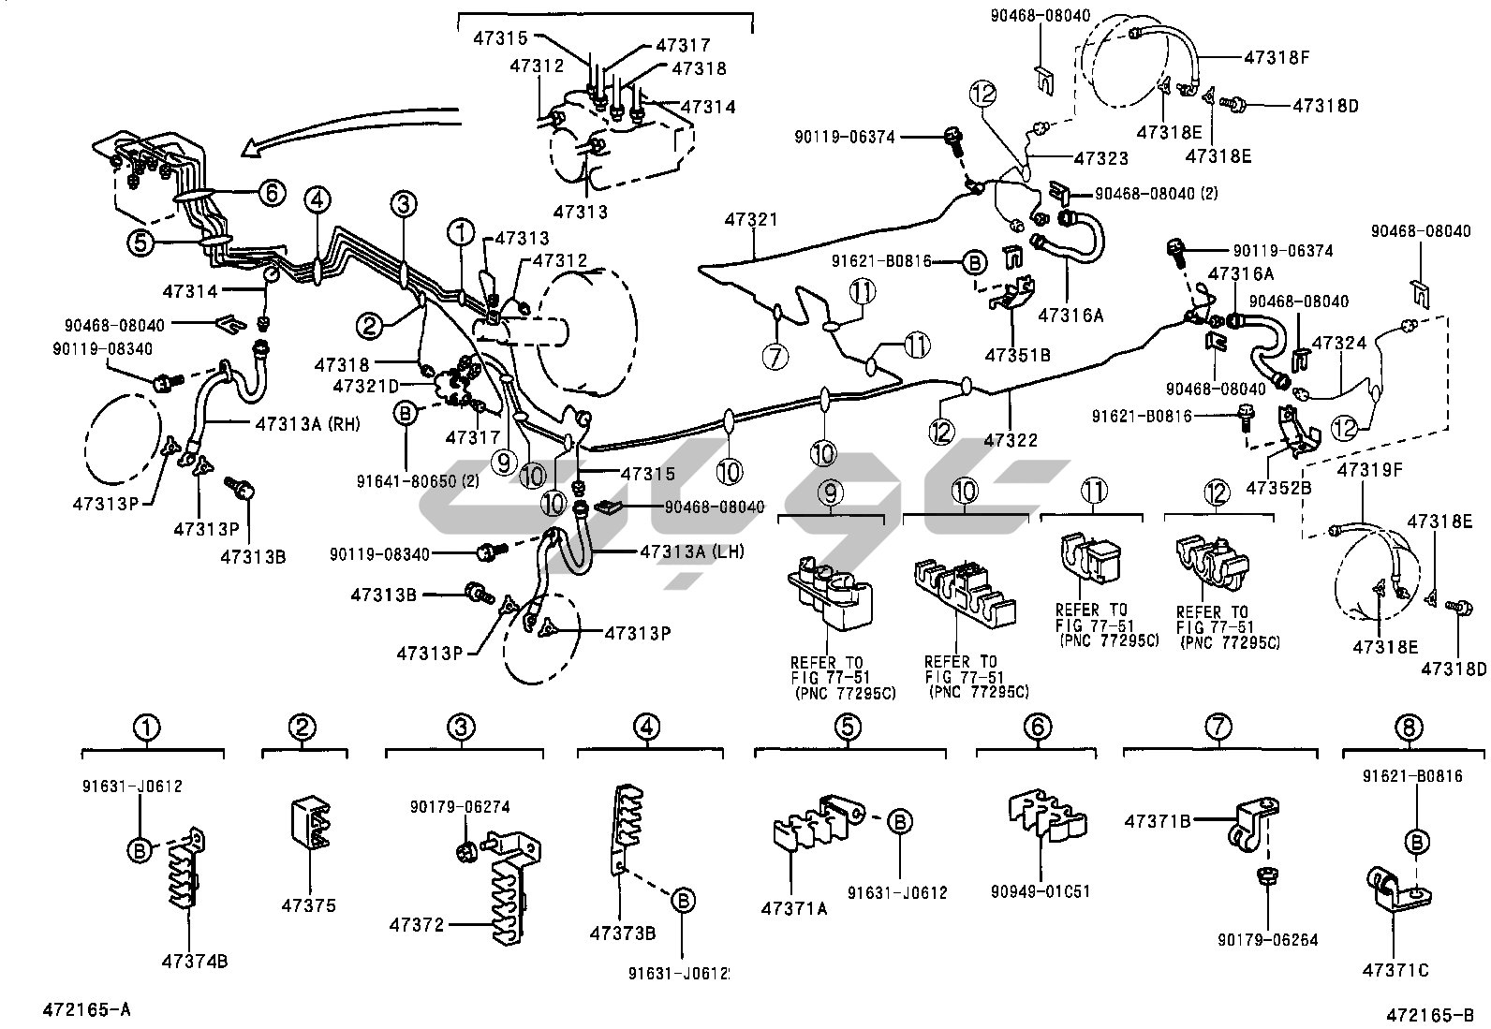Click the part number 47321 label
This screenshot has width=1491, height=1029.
coord(750,220)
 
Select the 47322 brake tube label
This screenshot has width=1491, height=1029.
coord(1011,439)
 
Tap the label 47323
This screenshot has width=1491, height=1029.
coord(1100,159)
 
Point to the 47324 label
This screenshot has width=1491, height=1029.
coord(1340,344)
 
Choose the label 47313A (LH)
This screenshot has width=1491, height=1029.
coord(692,551)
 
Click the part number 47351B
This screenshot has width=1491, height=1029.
coord(1017,355)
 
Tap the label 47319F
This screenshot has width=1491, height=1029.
coord(1369,469)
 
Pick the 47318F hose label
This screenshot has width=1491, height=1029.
coord(1277,57)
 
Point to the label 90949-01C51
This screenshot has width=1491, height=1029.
coord(1041,891)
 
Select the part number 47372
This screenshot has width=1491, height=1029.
coord(417,925)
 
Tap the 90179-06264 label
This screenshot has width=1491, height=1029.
coord(1268,939)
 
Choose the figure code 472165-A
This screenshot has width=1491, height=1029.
coord(86,1008)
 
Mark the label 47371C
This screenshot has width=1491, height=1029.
coord(1395,970)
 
